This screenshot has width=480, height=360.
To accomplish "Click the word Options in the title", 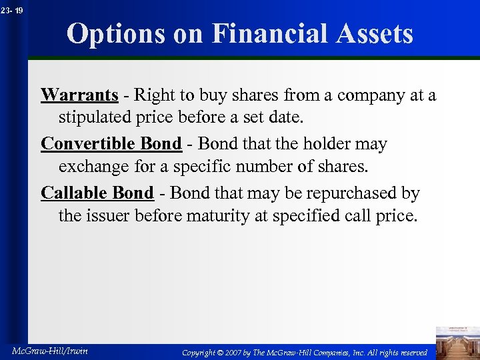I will point(112,33).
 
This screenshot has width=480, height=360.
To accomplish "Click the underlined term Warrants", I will point(79,95).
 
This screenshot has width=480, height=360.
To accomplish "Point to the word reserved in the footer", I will point(411,352).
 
